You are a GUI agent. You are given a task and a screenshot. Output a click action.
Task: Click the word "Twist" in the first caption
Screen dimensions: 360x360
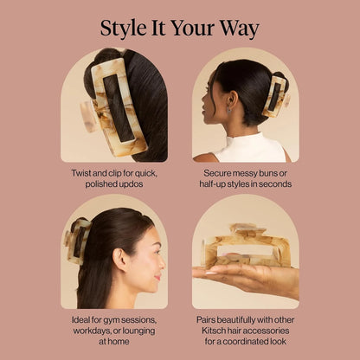(81, 173)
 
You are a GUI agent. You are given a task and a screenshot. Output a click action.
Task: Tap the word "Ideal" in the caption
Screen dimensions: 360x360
(80, 320)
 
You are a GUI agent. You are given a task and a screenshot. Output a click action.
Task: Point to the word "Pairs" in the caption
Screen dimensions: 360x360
(206, 320)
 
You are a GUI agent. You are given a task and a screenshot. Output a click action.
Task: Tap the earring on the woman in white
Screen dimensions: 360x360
(228, 110)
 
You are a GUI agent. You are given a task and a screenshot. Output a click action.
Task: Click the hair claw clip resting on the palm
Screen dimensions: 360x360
(247, 246)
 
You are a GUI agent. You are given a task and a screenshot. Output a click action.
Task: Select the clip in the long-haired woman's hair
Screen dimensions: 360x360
(77, 241)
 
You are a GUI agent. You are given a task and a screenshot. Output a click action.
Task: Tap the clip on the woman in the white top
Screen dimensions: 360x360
(276, 96)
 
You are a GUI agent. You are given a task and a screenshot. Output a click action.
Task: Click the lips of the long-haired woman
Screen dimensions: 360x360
(157, 278)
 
